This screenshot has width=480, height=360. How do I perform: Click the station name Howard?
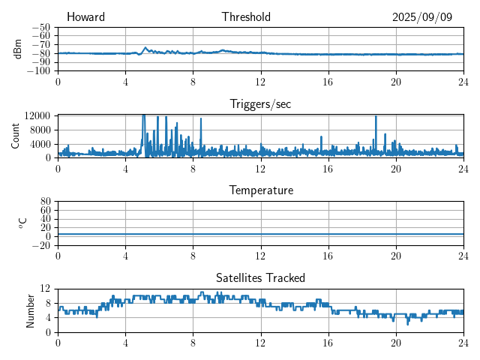pos(85,17)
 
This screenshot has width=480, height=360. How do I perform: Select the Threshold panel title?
pos(246,17)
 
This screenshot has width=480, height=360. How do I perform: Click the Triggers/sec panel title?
pos(260,104)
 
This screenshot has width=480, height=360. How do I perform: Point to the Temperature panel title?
pos(261,190)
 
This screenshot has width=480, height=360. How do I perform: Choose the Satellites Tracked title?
pos(260,278)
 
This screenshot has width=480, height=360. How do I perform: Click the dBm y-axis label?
pos(18,48)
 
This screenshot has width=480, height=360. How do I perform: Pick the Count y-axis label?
pos(16,136)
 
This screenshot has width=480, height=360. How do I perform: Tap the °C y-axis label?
pos(22,223)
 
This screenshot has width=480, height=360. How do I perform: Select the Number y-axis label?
pos(31,310)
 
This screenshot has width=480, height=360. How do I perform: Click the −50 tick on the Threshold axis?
pos(40,27)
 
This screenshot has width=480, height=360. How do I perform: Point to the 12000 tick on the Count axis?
pos(37,116)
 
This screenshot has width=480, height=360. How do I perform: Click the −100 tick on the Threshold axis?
pos(37,70)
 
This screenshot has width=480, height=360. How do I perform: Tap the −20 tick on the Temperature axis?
pos(40,245)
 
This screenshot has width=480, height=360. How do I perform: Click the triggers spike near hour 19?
pos(376,118)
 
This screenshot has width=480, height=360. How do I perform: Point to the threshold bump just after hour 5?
pos(145,48)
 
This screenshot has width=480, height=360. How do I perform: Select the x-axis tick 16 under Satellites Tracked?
pos(328,343)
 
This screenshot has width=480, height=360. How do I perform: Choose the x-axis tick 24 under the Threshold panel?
pos(463,81)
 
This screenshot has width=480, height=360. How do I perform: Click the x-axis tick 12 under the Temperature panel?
pos(260,256)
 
